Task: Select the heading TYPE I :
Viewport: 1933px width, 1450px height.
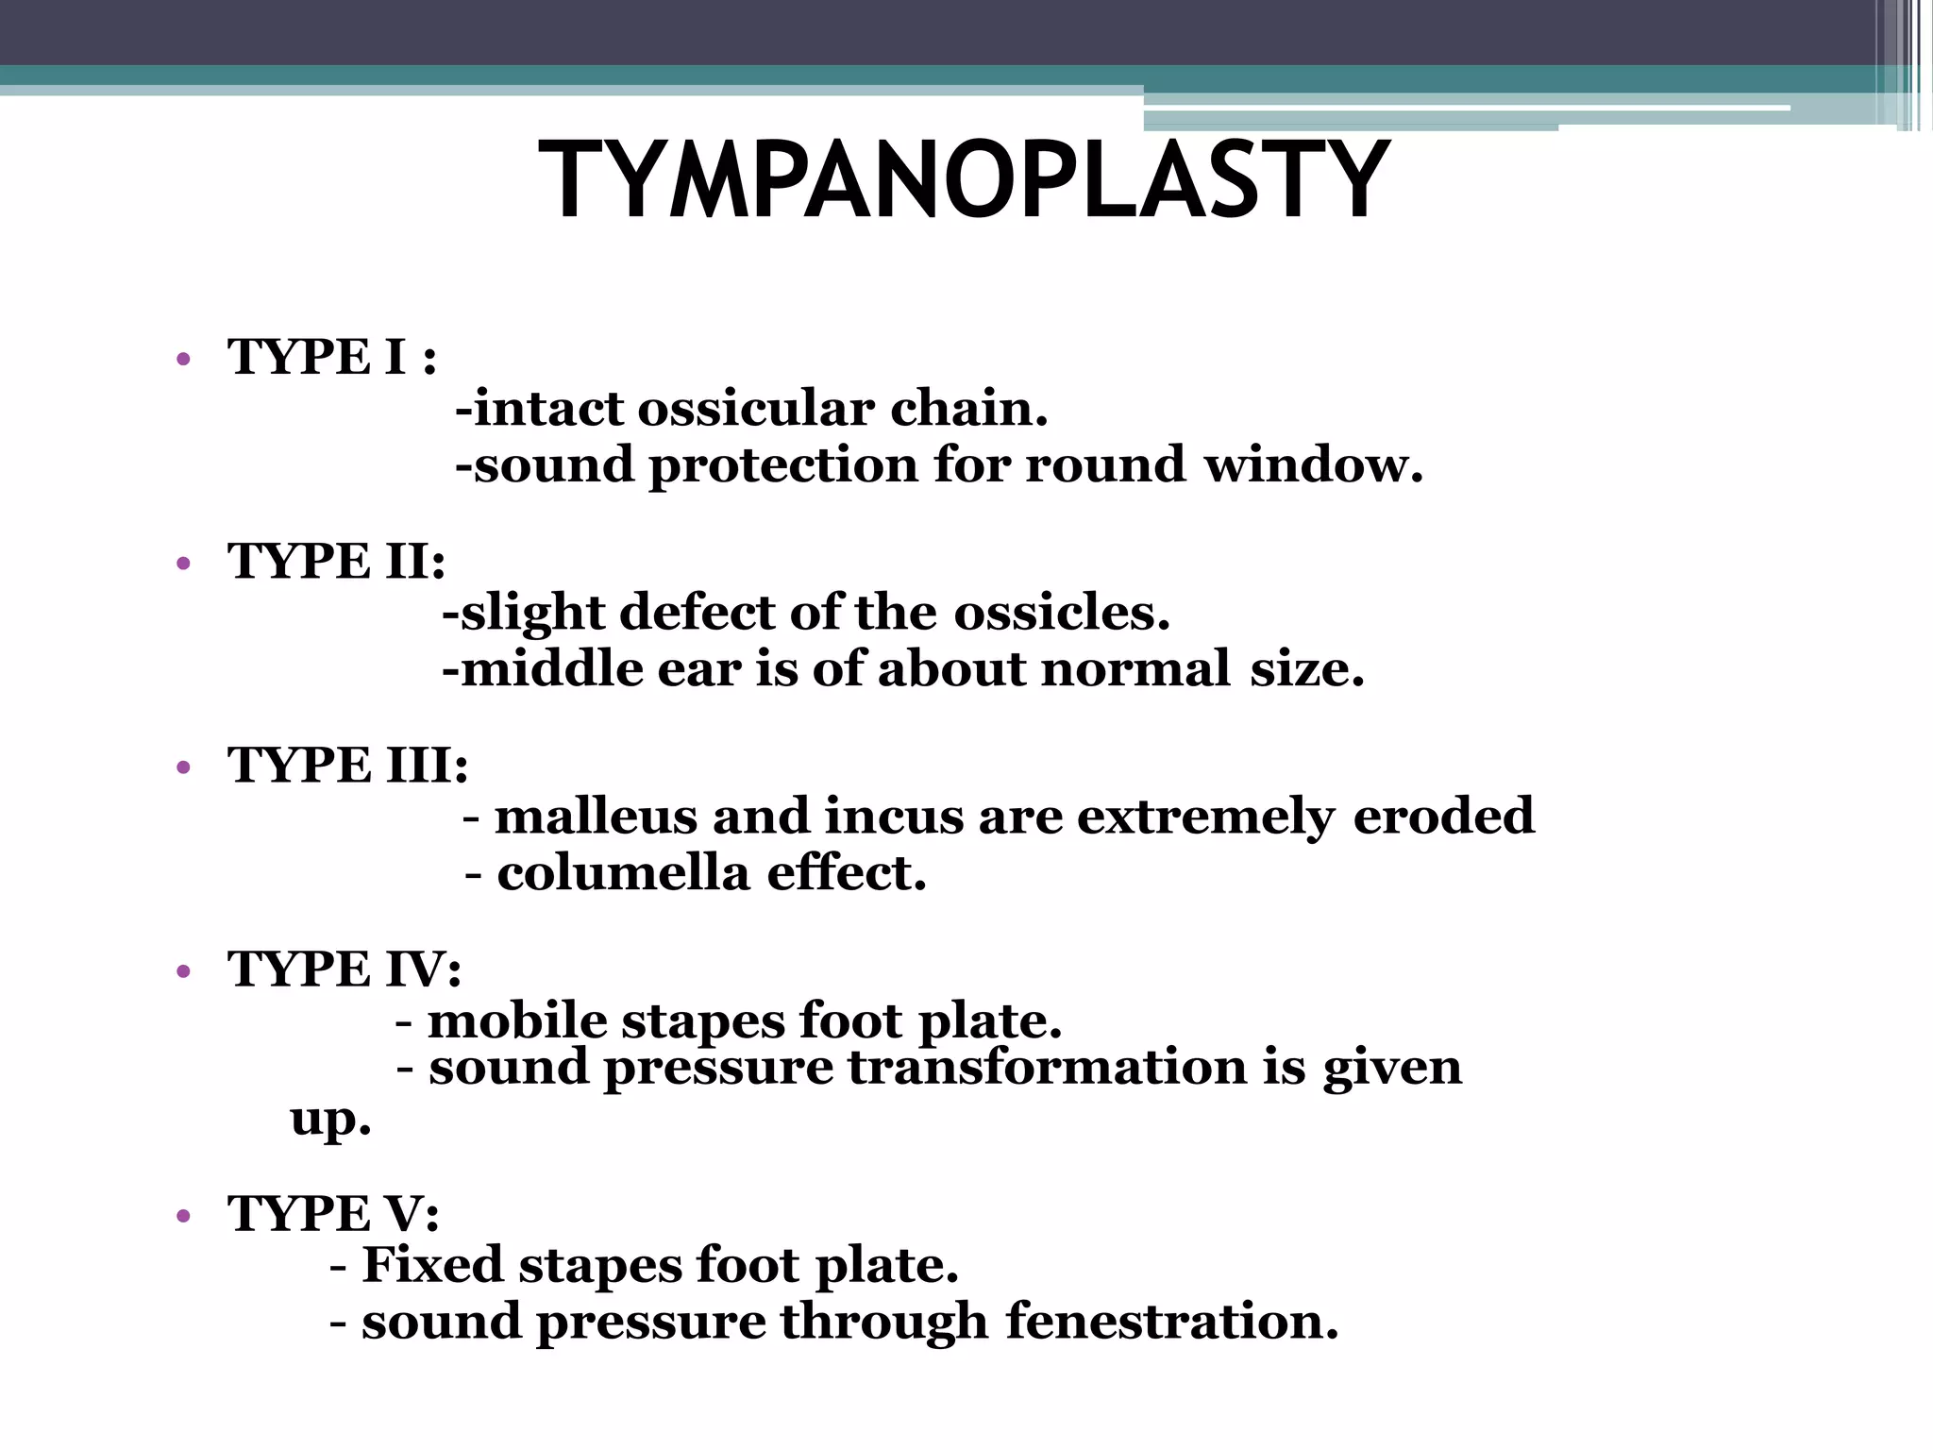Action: click(x=331, y=358)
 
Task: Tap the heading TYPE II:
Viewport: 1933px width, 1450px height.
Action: click(x=336, y=562)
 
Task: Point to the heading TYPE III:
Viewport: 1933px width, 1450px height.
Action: click(x=347, y=766)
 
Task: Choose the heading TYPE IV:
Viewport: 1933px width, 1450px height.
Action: click(x=345, y=969)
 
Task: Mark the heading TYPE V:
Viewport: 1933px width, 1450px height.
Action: click(x=333, y=1214)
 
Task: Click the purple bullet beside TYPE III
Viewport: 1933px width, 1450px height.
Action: click(x=183, y=767)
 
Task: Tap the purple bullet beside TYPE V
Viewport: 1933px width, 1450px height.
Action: click(x=183, y=1216)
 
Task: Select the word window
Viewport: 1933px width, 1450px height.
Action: click(x=1312, y=465)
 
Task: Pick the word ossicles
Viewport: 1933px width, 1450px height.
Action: click(x=1061, y=614)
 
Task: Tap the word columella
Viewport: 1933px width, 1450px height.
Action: click(x=624, y=873)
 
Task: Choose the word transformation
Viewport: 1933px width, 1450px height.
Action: click(x=1048, y=1068)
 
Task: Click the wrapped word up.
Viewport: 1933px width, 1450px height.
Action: click(x=330, y=1121)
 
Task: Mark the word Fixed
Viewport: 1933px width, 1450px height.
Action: click(x=432, y=1266)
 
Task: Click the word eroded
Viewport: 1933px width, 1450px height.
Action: click(x=1443, y=817)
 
